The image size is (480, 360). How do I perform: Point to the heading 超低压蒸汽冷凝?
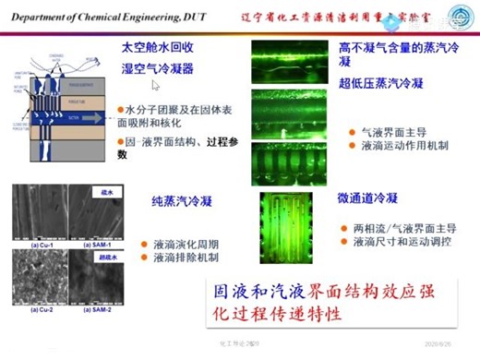click(x=380, y=83)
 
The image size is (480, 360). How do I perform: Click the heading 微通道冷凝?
click(x=368, y=198)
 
